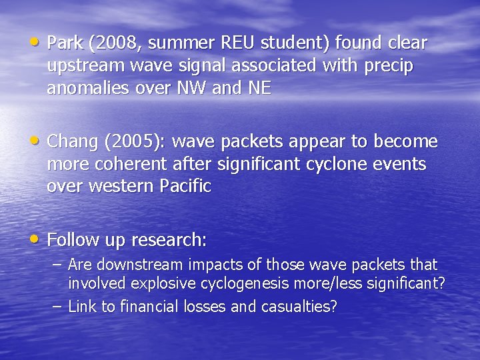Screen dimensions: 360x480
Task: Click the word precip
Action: click(389, 67)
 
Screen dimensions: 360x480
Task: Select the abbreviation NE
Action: click(259, 89)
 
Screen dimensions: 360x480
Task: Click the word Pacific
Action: click(185, 187)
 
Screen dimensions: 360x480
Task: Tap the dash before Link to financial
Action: click(57, 306)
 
